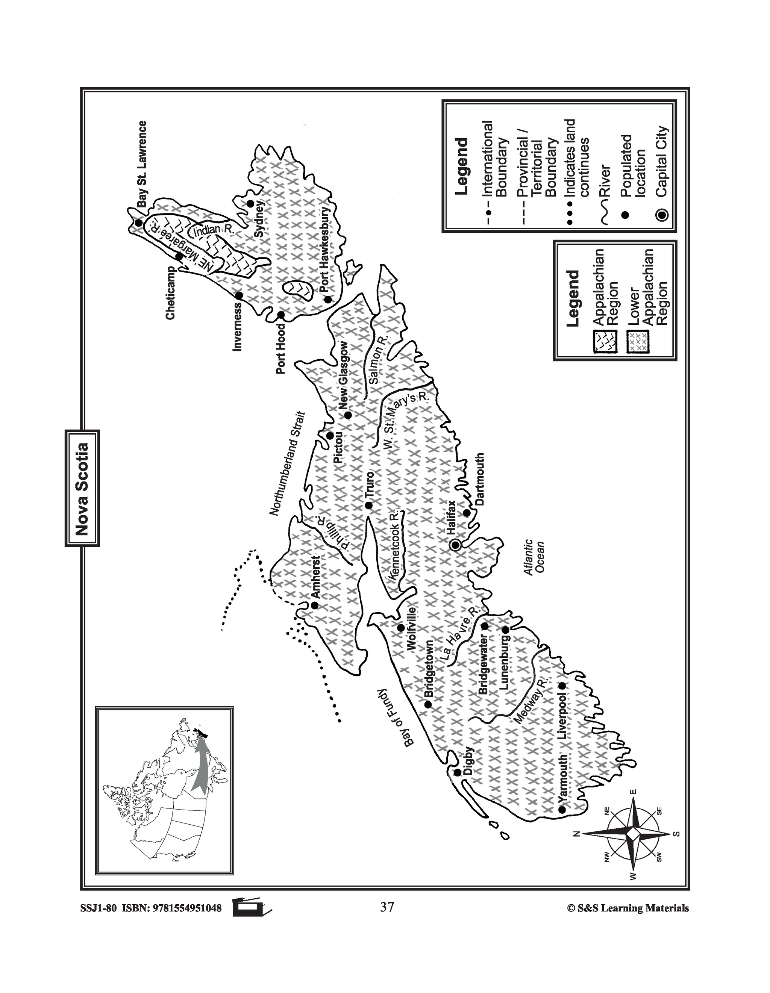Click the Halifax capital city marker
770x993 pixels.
455,544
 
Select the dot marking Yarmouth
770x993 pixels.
562,810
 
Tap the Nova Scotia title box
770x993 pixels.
82,488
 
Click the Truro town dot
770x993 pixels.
369,505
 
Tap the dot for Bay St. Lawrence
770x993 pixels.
138,223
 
